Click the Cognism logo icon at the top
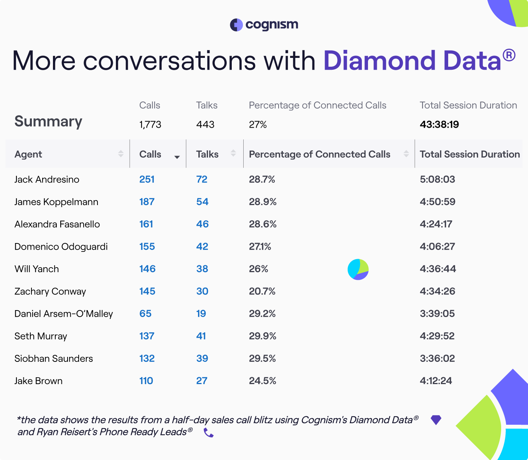(236, 25)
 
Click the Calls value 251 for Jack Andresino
(147, 179)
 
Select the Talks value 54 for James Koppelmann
(202, 202)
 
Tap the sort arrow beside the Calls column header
(177, 157)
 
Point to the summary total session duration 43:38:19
(439, 125)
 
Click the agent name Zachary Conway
(50, 292)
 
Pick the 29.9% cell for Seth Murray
(262, 336)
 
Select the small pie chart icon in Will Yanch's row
(358, 269)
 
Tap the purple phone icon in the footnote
(208, 433)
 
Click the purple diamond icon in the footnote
(436, 420)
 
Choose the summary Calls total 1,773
(150, 125)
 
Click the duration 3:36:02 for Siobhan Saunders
(437, 358)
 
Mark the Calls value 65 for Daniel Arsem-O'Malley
(145, 314)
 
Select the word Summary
(48, 122)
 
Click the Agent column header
(28, 154)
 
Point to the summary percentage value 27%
(257, 125)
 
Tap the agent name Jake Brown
(38, 381)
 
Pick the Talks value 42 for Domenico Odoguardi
(202, 246)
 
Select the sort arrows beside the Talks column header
(233, 153)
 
